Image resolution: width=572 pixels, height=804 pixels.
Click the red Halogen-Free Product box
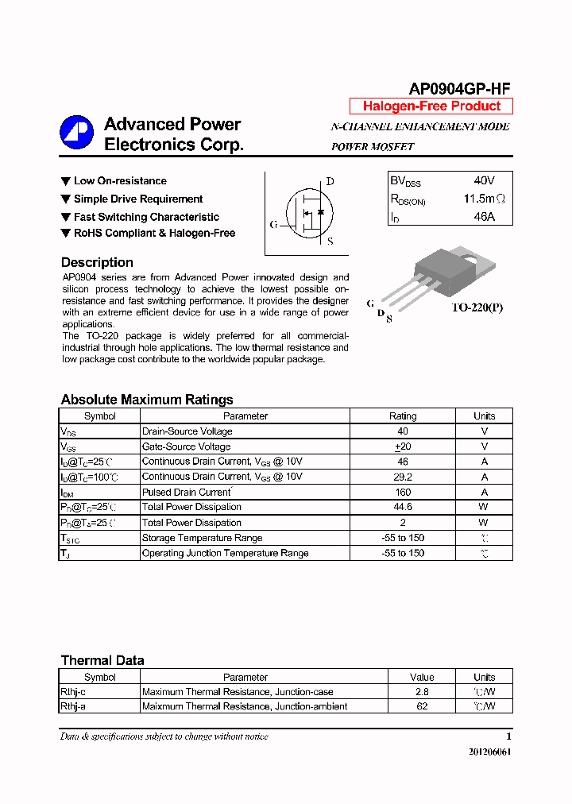pyautogui.click(x=431, y=106)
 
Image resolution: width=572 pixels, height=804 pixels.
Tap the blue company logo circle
pyautogui.click(x=77, y=133)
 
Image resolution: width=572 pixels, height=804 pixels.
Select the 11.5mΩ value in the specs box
pyautogui.click(x=484, y=199)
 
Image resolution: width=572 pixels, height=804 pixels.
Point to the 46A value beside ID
pyautogui.click(x=484, y=216)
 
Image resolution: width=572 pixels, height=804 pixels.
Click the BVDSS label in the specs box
pyautogui.click(x=405, y=181)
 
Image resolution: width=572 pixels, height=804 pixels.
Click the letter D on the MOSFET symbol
pyautogui.click(x=330, y=181)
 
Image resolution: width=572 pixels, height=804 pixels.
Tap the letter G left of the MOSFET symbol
pyautogui.click(x=273, y=225)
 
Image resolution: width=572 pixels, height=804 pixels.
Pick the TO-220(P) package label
pyautogui.click(x=477, y=307)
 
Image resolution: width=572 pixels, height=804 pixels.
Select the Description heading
pyautogui.click(x=97, y=263)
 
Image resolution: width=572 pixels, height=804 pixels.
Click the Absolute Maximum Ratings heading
pyautogui.click(x=147, y=400)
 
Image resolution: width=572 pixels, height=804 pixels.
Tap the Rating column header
pyautogui.click(x=403, y=416)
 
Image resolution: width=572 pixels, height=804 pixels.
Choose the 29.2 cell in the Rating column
pyautogui.click(x=403, y=477)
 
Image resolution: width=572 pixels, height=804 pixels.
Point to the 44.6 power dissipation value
pyautogui.click(x=403, y=507)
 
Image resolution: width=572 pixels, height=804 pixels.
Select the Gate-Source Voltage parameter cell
pyautogui.click(x=187, y=446)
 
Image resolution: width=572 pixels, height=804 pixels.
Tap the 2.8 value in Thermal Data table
pyautogui.click(x=422, y=692)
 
